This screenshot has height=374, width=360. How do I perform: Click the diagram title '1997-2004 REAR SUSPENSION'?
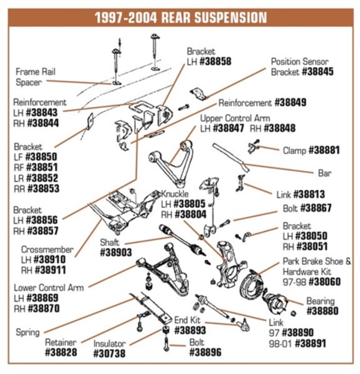180,18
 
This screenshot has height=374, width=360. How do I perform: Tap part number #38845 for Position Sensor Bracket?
318,72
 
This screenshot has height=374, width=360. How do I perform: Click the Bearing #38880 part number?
322,311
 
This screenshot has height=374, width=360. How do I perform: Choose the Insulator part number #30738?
109,354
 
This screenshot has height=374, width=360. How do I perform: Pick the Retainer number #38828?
61,352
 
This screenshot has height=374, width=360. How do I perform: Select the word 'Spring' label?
27,333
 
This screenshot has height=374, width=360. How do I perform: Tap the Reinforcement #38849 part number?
290,103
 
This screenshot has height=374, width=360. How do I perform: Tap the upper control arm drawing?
173,160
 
